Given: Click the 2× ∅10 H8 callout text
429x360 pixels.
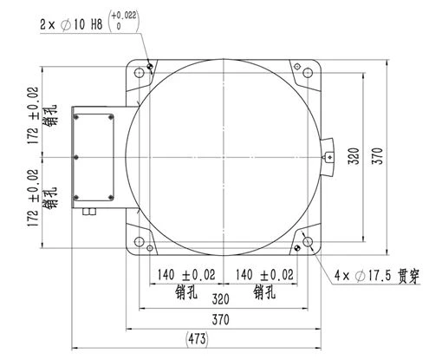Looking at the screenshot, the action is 71,24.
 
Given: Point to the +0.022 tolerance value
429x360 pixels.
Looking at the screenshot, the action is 124,16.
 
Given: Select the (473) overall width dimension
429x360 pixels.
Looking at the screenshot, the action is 197,338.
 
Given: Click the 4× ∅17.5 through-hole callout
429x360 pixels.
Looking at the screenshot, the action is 377,276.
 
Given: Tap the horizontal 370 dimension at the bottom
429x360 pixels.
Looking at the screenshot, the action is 220,319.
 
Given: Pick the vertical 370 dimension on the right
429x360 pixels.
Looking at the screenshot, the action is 377,156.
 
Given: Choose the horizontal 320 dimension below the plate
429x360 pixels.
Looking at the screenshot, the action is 220,299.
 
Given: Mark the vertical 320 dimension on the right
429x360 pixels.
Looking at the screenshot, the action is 354,156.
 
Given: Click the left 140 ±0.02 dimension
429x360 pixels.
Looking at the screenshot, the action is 186,274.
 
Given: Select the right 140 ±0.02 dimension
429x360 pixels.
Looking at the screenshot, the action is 264,274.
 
